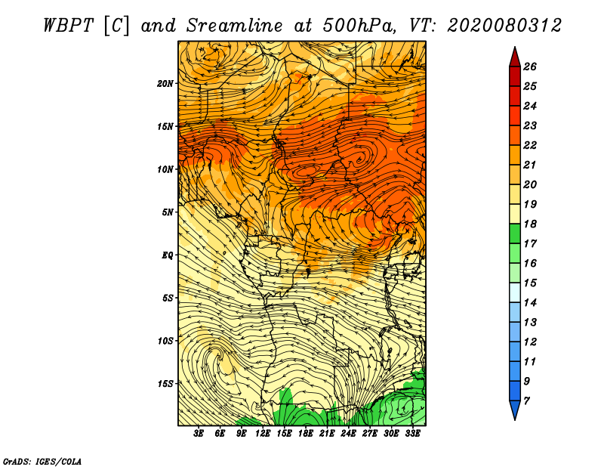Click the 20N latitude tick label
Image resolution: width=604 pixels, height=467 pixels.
[x=165, y=84]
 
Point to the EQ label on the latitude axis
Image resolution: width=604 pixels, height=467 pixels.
[x=168, y=255]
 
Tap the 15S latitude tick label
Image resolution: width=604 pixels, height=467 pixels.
[x=165, y=384]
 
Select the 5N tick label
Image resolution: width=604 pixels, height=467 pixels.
[x=168, y=212]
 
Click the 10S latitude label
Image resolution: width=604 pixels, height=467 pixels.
[x=165, y=341]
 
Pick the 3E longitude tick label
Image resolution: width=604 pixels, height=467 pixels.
[x=199, y=434]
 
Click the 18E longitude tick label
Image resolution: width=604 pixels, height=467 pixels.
[x=306, y=434]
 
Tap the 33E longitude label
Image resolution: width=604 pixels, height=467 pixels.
[x=412, y=434]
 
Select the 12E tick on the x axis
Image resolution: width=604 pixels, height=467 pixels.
[x=263, y=434]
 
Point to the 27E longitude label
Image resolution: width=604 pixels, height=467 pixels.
[x=370, y=434]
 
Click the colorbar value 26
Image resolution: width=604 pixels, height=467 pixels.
[x=530, y=66]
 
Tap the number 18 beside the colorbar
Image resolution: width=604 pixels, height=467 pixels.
[x=530, y=224]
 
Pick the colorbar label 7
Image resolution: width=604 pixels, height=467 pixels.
[x=526, y=401]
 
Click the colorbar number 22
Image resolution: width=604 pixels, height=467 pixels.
[x=530, y=145]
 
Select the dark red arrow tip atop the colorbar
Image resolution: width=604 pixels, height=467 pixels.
[x=515, y=48]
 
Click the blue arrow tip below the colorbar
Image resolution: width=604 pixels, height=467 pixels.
[x=515, y=419]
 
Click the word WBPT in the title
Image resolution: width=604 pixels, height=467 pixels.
[x=69, y=26]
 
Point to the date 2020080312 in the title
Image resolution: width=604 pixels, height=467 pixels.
[x=504, y=26]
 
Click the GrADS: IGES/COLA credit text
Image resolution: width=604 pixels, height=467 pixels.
[x=42, y=462]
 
